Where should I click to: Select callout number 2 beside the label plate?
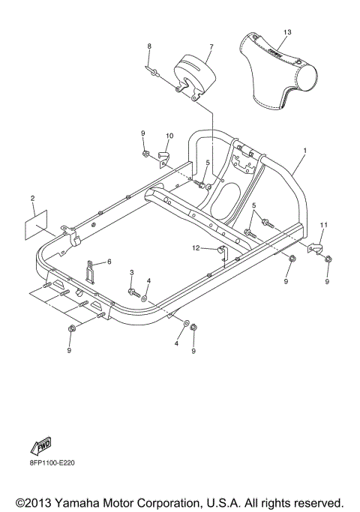[32, 198]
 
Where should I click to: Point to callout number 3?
[131, 272]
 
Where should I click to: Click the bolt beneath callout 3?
[132, 291]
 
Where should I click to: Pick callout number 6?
[109, 261]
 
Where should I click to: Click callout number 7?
[211, 46]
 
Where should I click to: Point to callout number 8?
[148, 46]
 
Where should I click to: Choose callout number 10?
[169, 136]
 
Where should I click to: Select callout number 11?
[324, 225]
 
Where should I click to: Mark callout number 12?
[194, 247]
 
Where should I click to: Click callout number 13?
[286, 32]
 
